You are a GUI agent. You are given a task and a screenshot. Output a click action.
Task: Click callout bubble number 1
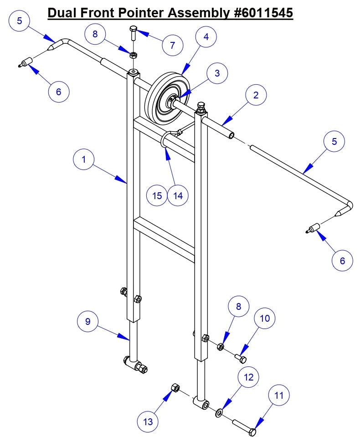(84, 160)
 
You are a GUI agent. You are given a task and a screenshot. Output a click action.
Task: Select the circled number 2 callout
(256, 95)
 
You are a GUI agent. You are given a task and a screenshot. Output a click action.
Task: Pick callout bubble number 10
(265, 319)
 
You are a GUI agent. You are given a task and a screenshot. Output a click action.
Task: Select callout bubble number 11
(278, 396)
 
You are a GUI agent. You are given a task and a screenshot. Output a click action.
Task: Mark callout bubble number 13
(148, 422)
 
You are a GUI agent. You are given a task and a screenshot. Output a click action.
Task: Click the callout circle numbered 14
(178, 195)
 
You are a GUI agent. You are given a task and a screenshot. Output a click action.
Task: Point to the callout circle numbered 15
(157, 195)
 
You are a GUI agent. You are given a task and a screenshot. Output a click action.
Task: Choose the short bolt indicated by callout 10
(241, 358)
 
